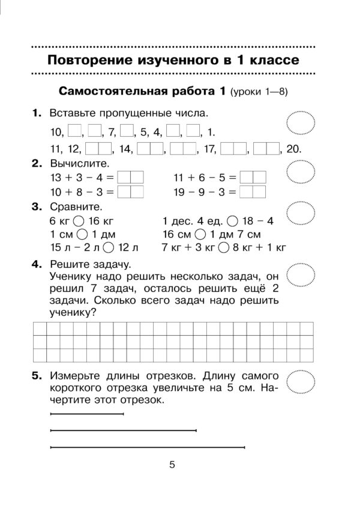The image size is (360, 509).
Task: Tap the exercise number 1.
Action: click(37, 113)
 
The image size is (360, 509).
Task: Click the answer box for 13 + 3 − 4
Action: click(130, 178)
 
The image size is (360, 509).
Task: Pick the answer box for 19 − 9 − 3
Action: click(251, 192)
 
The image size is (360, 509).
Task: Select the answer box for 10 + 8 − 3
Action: click(130, 192)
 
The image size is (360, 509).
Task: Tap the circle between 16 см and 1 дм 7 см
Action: click(202, 234)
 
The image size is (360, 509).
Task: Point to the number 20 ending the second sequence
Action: click(294, 149)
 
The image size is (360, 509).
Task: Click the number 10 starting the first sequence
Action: click(57, 132)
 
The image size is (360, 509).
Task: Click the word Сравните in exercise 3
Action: click(74, 207)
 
